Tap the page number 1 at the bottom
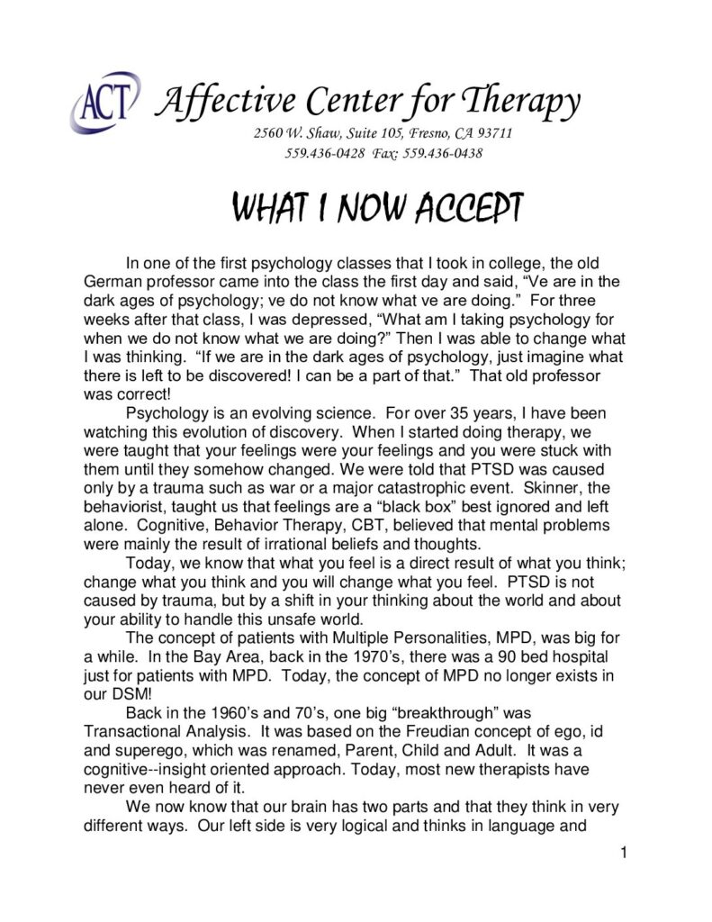(x=621, y=853)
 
